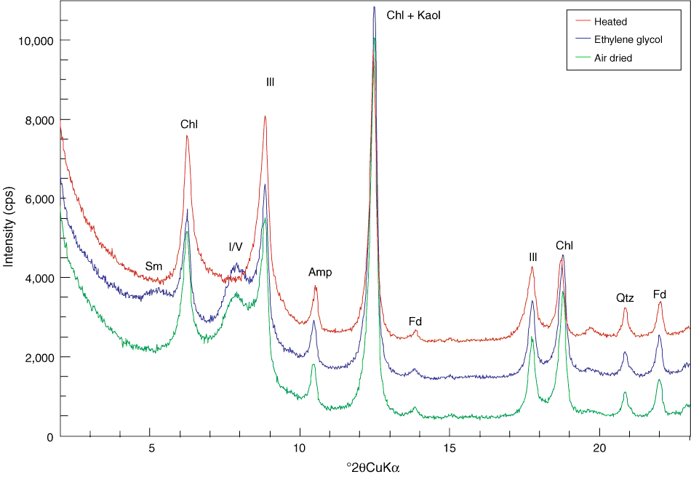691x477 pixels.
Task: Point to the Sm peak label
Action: tap(153, 266)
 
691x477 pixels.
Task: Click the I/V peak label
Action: tap(236, 247)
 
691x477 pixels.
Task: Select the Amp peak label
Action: tap(320, 272)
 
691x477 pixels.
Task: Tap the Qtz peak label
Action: tap(625, 297)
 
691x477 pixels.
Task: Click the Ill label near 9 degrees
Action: tap(270, 83)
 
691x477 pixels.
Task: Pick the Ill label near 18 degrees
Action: tap(533, 257)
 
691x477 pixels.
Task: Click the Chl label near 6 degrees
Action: tap(189, 124)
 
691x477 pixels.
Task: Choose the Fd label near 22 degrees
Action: tap(660, 294)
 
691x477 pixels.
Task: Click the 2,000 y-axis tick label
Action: tap(38, 357)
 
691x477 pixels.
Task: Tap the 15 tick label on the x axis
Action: tap(450, 449)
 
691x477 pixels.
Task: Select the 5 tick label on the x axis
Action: tap(150, 449)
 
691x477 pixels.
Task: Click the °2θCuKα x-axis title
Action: tap(375, 468)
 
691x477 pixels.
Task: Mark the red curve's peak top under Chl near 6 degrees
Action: tap(187, 136)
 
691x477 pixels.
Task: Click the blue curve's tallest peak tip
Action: tap(374, 7)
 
